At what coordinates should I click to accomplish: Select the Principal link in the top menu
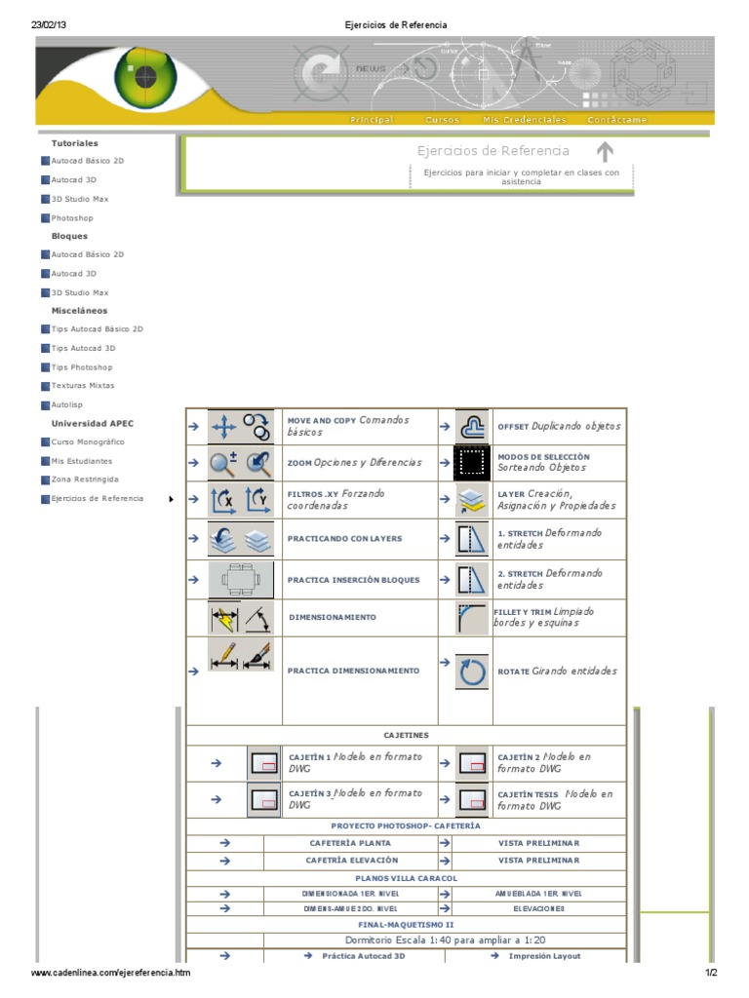tap(372, 120)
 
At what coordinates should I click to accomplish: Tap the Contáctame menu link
tap(616, 120)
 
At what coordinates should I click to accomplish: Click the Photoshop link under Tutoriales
tap(72, 218)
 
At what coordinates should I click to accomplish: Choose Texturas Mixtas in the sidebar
tap(83, 386)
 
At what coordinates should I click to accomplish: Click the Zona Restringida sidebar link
tap(85, 480)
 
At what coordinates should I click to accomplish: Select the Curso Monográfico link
tap(88, 441)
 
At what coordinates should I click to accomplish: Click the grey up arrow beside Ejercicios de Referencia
tap(605, 152)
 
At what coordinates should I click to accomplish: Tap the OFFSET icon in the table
tap(472, 427)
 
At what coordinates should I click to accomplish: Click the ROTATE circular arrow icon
tap(472, 672)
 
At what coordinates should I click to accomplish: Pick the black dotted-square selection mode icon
tap(472, 462)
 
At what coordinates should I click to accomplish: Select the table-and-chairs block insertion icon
tap(241, 580)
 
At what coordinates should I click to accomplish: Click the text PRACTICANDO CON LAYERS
tap(344, 538)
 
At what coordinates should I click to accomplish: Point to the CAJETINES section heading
tap(406, 735)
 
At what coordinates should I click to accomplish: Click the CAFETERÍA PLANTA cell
tap(350, 843)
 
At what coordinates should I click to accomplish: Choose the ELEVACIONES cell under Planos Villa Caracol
tap(538, 908)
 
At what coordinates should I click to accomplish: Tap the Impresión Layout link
tap(544, 956)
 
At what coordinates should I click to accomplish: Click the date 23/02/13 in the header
tap(49, 24)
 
